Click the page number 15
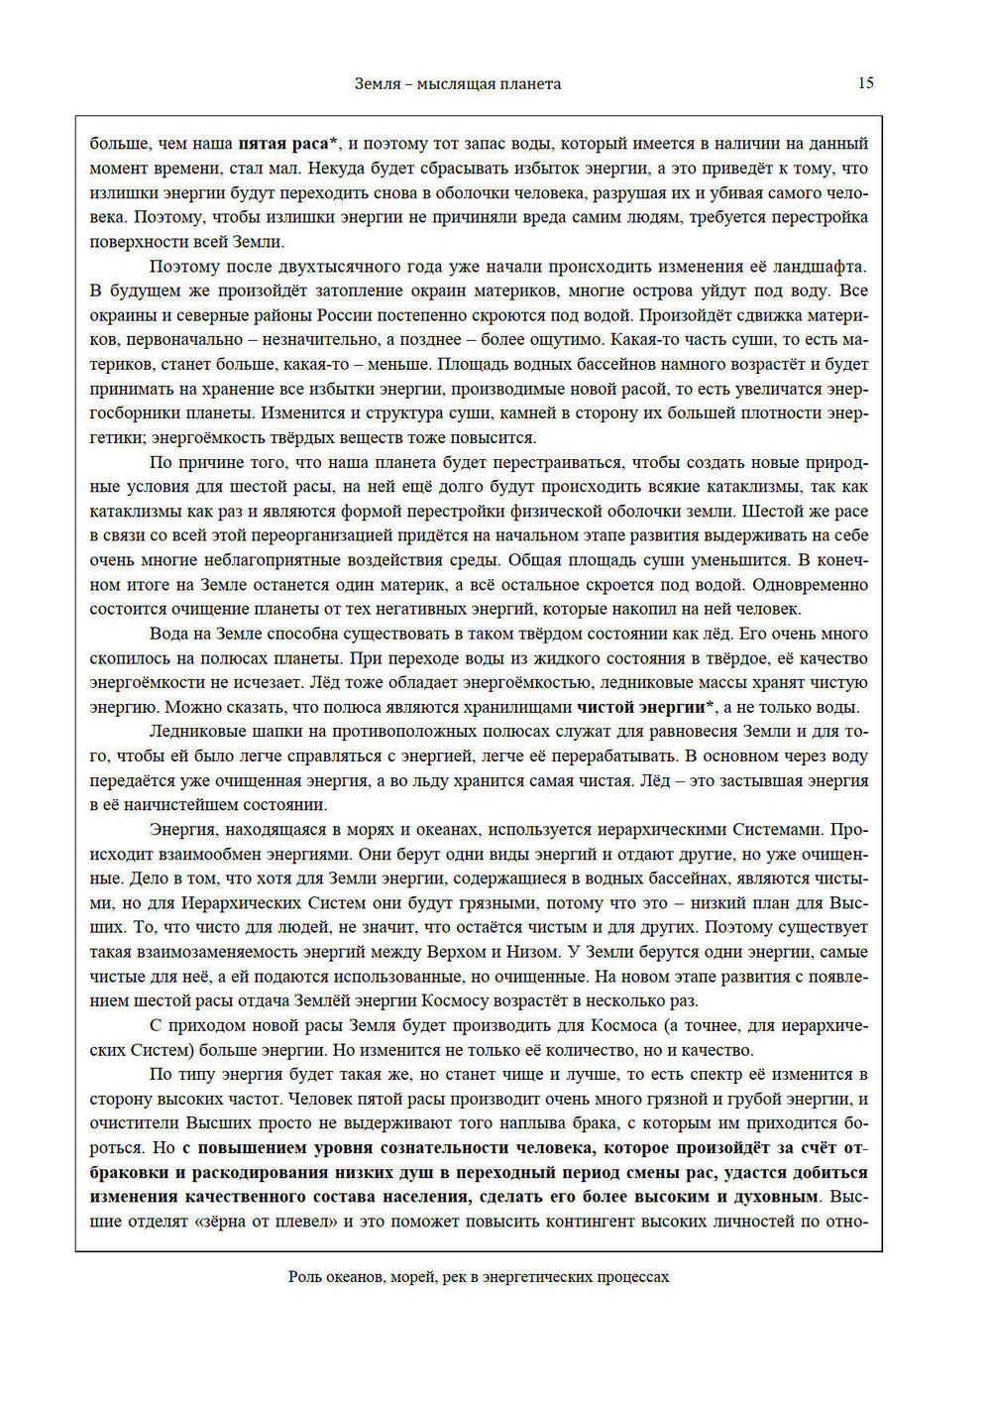[x=865, y=83]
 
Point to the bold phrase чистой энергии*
[x=645, y=707]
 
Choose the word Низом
[x=530, y=952]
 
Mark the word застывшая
[x=738, y=780]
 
